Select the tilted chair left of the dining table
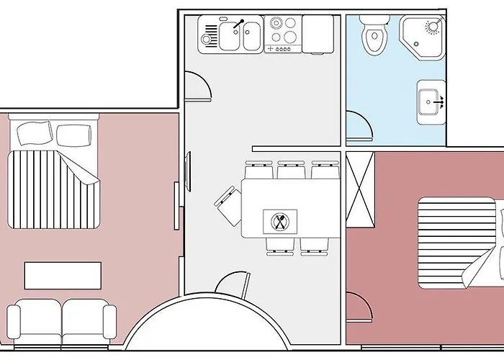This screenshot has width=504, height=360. [228, 204]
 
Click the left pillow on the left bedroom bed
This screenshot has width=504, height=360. [35, 133]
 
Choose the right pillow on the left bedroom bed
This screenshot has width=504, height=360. [74, 134]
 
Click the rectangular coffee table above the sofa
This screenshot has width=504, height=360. [63, 275]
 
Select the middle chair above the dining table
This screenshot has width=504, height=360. [291, 170]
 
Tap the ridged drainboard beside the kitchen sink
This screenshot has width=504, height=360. [210, 35]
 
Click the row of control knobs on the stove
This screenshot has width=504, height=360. [280, 48]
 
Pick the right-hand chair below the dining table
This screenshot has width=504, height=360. [313, 246]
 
